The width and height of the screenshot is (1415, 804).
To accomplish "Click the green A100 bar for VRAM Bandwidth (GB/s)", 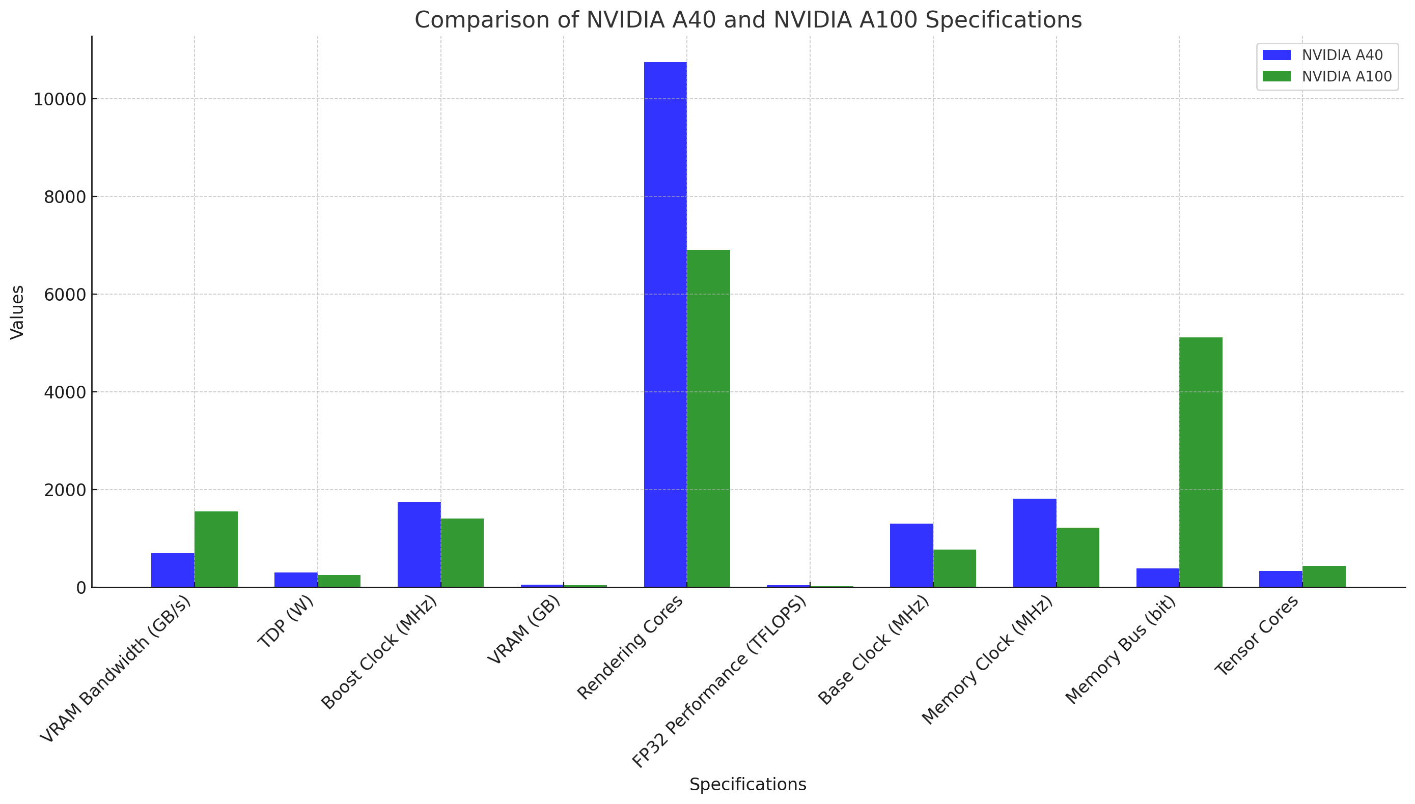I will [x=216, y=549].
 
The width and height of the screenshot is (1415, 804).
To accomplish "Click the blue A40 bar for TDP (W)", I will [x=296, y=579].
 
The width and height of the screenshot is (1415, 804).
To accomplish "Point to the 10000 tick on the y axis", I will [x=60, y=99].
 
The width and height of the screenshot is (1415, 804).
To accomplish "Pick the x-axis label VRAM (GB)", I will [x=524, y=629].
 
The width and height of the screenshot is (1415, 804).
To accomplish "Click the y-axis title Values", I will [x=17, y=312].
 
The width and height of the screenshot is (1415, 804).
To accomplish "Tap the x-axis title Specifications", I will [x=747, y=784].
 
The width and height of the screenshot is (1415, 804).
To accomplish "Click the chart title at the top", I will [x=747, y=20].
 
